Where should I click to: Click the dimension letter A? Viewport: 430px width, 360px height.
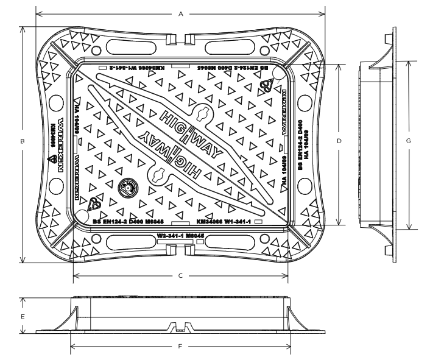click(x=180, y=13)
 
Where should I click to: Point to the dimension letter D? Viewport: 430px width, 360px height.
click(x=339, y=141)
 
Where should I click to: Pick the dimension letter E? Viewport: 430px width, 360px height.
click(x=22, y=317)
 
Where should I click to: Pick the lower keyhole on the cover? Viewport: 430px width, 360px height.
click(x=160, y=175)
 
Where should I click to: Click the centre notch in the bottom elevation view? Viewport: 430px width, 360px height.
click(x=180, y=327)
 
